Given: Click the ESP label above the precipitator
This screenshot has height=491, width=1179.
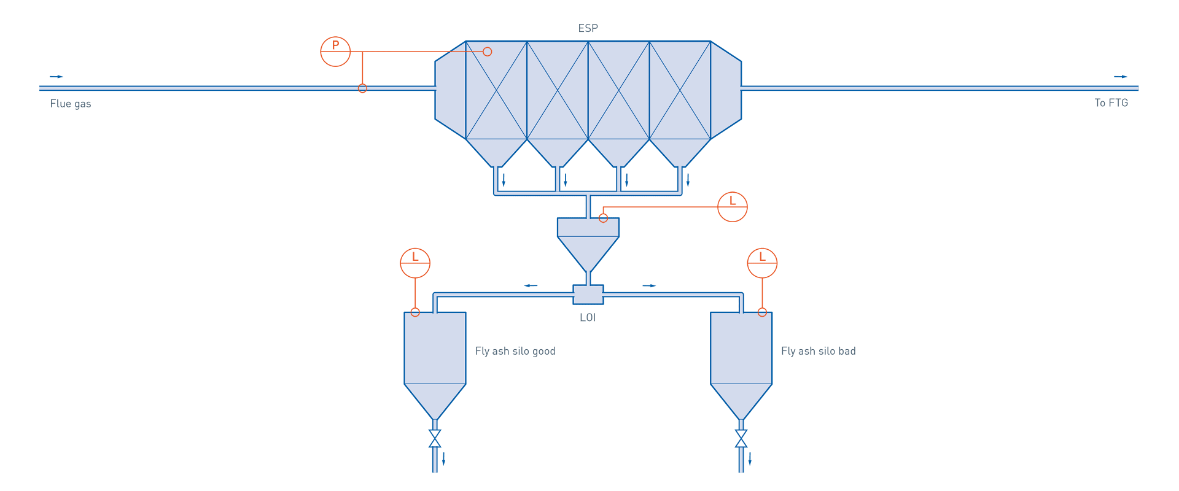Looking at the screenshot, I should coord(588,28).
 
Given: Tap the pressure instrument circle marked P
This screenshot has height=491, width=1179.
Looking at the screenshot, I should coord(335,52).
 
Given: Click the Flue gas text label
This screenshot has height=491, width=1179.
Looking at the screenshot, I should coord(71,104).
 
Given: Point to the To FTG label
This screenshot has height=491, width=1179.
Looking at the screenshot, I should coord(1111,103).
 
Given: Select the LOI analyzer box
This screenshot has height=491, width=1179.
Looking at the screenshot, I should coord(588,295).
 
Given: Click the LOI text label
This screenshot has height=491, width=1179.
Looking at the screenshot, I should coord(588,317).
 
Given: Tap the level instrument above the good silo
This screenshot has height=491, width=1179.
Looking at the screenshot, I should coord(415,263).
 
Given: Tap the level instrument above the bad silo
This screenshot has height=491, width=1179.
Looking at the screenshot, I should coord(762,263).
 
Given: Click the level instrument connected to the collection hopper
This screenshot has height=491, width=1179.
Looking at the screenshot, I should coord(732,207).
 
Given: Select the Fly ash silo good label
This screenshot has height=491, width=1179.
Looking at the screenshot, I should coord(515,351).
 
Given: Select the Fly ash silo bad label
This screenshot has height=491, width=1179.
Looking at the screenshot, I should coord(818,351).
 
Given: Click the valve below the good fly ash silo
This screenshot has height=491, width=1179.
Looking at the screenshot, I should coord(435,438).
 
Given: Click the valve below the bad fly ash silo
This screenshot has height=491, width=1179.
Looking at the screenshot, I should coord(741,438).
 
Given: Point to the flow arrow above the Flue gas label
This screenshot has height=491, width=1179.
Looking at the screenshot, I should coord(56,77).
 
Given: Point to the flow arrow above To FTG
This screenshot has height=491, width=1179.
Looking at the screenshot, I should coord(1121,77).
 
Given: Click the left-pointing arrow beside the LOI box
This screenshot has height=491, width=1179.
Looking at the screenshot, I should coord(531,285).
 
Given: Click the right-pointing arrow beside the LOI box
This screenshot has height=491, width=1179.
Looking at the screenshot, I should coord(649,285).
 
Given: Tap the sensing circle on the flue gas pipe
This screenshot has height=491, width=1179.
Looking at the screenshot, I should coord(362,88).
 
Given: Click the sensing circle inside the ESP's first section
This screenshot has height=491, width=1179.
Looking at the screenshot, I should coord(488,52).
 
